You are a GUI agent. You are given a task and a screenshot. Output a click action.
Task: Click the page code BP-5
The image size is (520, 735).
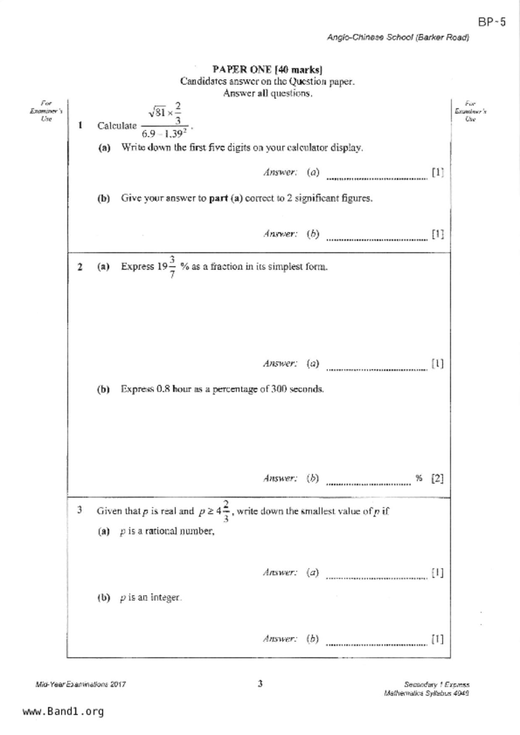[492, 22]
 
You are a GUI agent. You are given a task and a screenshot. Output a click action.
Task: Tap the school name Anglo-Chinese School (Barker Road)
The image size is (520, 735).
[398, 37]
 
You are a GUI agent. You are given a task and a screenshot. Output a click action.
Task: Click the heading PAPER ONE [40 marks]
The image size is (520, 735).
[267, 70]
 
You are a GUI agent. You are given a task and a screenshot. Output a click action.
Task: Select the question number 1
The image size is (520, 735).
[80, 125]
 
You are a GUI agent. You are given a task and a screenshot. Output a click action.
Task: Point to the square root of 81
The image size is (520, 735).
[157, 112]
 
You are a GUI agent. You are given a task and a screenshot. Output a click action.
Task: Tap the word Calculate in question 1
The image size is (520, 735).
[117, 126]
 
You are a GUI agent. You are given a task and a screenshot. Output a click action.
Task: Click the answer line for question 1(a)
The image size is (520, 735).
[376, 177]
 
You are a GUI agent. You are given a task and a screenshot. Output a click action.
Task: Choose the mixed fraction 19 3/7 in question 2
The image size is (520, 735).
[166, 267]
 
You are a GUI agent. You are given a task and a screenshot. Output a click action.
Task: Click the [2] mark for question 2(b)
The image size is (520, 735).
[437, 479]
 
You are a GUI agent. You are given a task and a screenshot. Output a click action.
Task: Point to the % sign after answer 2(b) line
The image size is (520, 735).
[419, 478]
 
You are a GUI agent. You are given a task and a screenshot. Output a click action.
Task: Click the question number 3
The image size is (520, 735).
[79, 510]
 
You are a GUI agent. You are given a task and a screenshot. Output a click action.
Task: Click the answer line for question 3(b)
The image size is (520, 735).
[376, 644]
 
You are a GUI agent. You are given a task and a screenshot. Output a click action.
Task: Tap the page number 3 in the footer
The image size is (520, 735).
[260, 684]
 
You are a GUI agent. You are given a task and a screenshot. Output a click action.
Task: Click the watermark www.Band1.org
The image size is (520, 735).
[63, 712]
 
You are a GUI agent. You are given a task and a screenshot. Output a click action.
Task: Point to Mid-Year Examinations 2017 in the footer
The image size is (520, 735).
[81, 685]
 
